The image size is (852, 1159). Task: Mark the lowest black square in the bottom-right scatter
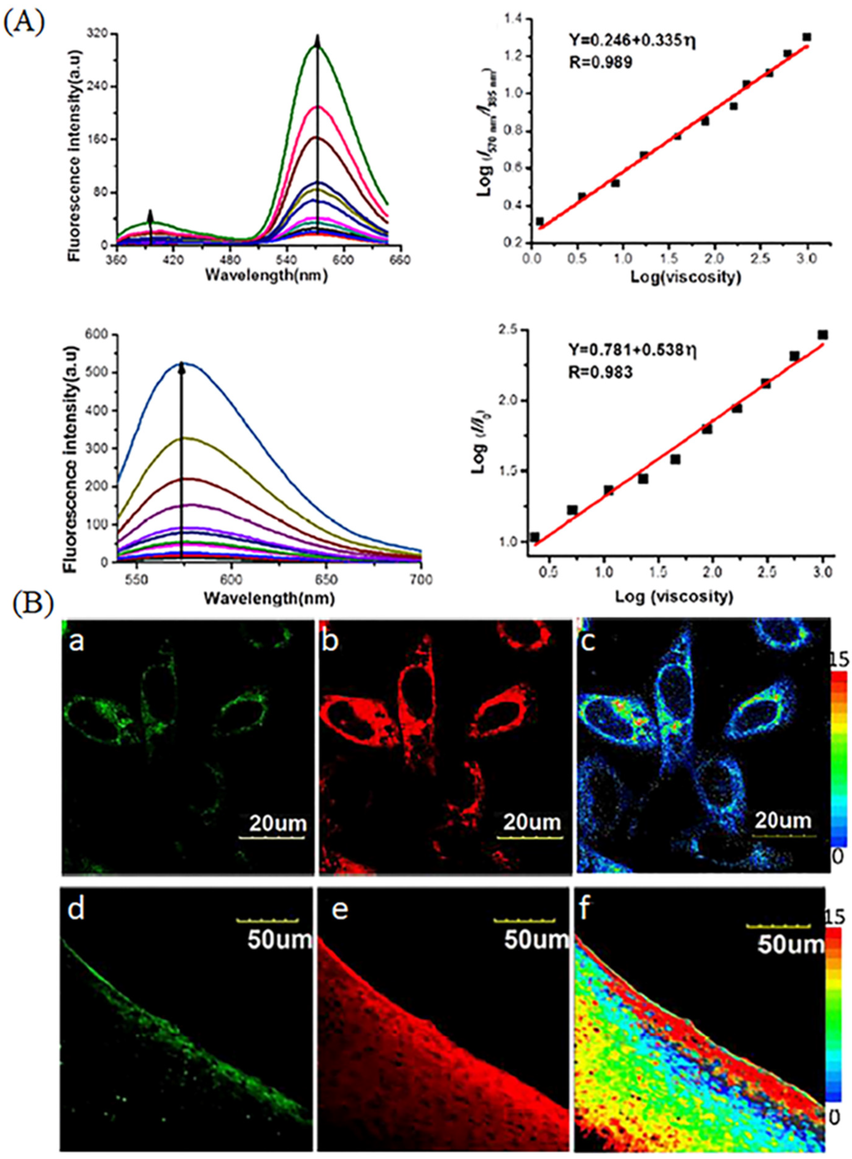(534, 537)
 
